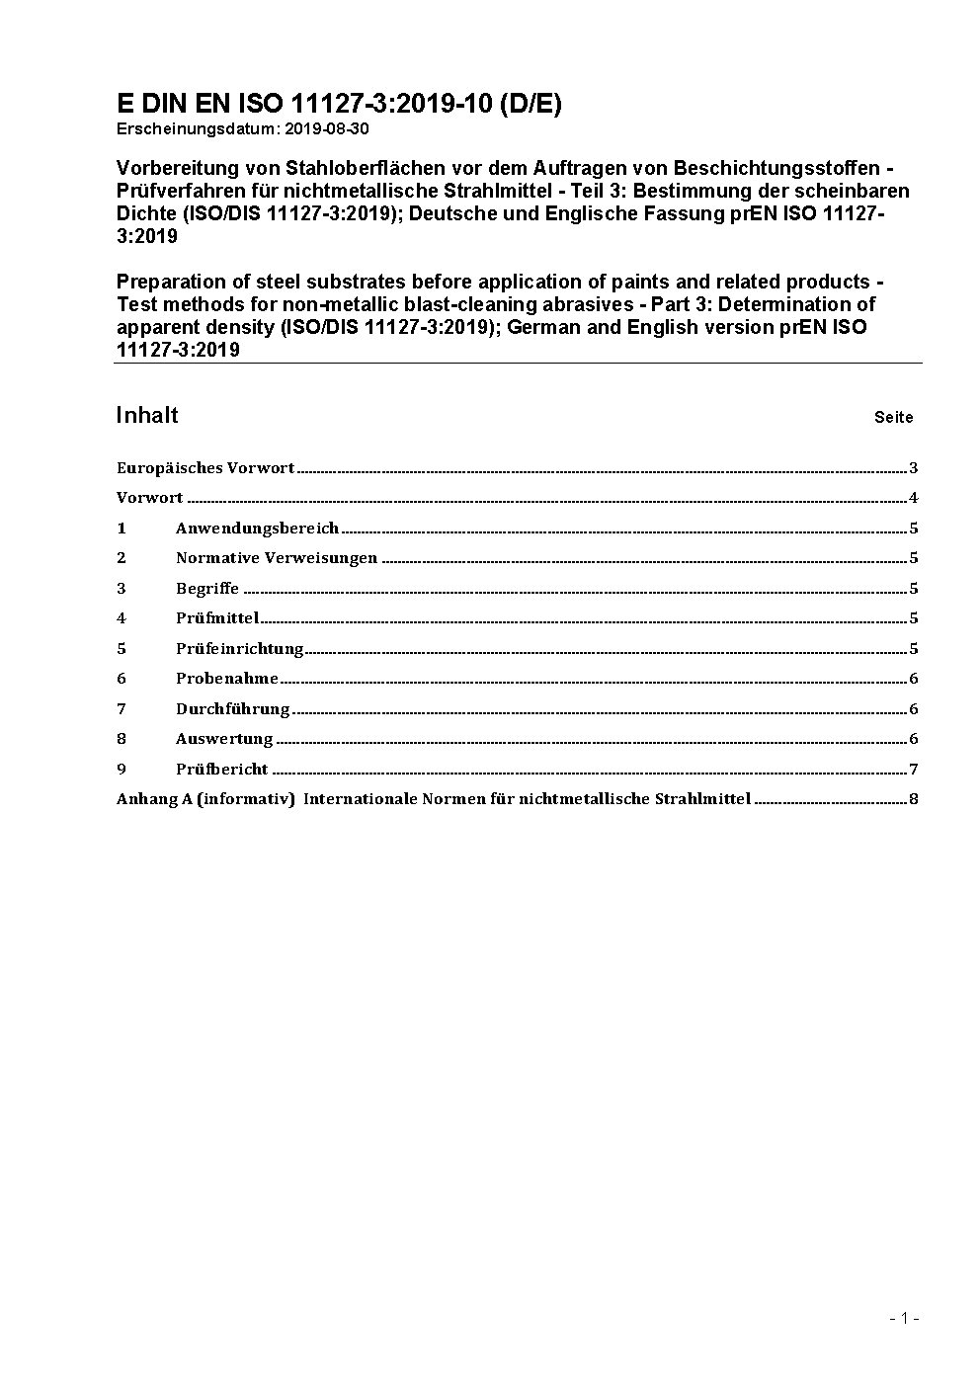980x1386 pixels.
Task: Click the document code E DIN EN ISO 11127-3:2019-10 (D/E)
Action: point(339,104)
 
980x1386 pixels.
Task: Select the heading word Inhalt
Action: point(147,415)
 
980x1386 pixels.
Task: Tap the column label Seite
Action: point(893,417)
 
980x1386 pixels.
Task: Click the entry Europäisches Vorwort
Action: point(205,468)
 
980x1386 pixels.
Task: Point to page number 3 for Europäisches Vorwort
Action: point(914,468)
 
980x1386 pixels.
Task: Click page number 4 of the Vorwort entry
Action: point(914,498)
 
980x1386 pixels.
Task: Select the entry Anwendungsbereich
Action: point(257,529)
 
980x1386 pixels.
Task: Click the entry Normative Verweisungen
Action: point(277,558)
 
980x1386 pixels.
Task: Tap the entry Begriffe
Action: point(207,589)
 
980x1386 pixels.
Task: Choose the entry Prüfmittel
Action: point(217,618)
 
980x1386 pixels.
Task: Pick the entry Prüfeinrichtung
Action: point(239,649)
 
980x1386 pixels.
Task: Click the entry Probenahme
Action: point(227,679)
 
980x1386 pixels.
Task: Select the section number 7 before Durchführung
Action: point(122,709)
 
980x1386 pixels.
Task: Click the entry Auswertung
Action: point(224,739)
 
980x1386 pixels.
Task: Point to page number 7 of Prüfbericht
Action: point(914,770)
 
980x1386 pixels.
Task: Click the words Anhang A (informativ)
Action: point(205,799)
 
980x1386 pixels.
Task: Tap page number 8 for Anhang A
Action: point(914,799)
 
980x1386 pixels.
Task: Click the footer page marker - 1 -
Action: point(904,1318)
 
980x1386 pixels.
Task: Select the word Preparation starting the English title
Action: point(168,282)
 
